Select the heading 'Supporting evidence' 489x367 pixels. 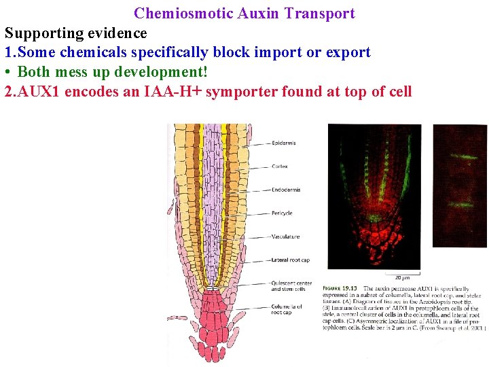[76, 33]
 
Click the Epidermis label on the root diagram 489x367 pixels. [283, 143]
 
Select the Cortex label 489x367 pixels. [279, 167]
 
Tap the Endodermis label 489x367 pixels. [286, 190]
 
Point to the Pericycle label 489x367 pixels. [282, 213]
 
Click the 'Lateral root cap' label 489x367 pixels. [290, 260]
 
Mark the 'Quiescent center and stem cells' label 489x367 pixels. [291, 286]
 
